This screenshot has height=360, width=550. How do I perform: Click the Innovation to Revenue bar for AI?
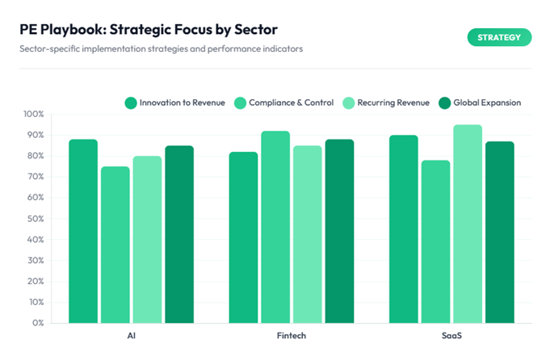tap(83, 232)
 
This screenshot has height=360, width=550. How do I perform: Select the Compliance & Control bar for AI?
tap(115, 245)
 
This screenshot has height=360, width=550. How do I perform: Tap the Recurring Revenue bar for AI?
tap(147, 240)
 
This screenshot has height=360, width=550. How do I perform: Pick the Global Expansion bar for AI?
tap(179, 234)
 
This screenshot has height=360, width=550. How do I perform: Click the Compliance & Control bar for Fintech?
tap(275, 227)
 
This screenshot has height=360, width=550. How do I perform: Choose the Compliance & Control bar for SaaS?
tap(435, 241)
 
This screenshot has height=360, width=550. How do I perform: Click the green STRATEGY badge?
tap(499, 37)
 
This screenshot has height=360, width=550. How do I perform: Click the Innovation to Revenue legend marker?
tap(130, 103)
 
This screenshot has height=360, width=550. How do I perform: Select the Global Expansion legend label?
tap(487, 103)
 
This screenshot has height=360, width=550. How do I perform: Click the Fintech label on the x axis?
tap(291, 334)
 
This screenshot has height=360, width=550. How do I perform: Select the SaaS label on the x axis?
tap(451, 334)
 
